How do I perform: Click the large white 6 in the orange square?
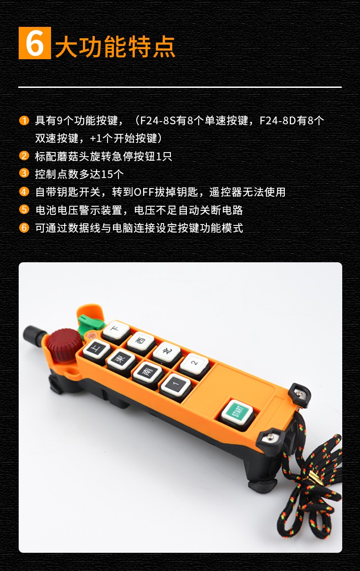tap(35, 43)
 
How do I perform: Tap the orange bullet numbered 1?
tap(24, 120)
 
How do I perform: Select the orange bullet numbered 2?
tap(24, 155)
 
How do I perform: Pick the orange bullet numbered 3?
tap(24, 173)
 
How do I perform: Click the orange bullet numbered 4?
tap(24, 191)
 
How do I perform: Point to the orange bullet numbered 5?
tap(24, 209)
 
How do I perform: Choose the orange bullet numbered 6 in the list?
tap(24, 227)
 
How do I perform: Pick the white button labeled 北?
tap(167, 352)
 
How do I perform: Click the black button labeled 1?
tap(176, 385)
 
